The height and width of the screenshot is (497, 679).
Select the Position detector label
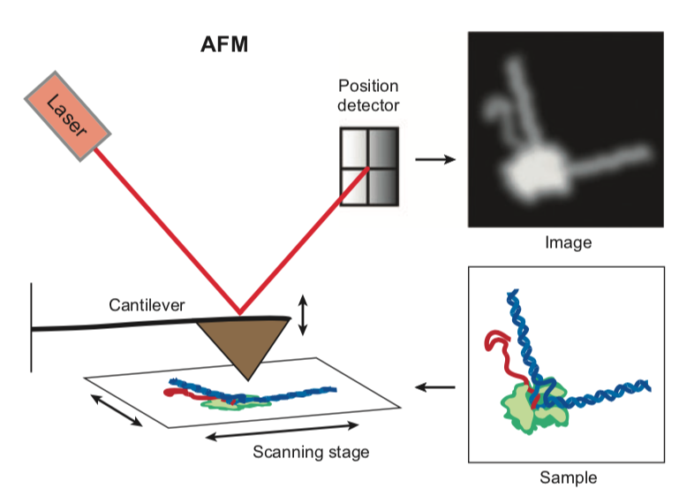[x=369, y=96]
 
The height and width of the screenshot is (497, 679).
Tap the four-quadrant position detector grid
[x=369, y=167]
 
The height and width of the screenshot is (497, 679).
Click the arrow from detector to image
[x=434, y=159]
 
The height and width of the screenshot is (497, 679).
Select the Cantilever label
[x=147, y=305]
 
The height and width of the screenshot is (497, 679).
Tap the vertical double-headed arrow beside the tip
[x=304, y=316]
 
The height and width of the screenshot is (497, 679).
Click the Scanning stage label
[x=311, y=453]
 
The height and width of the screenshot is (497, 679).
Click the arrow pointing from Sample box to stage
[x=434, y=386]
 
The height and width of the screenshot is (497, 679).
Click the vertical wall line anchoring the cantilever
[x=32, y=327]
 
